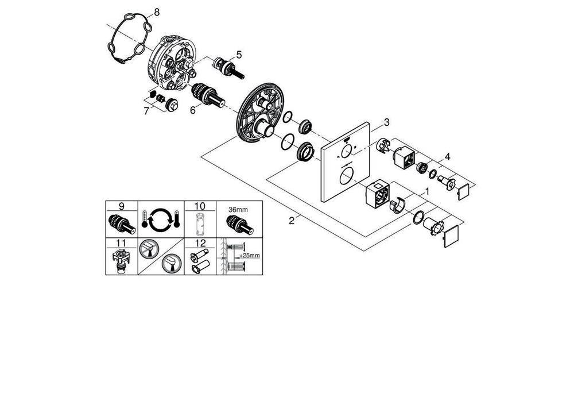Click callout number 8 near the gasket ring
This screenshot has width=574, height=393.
click(x=150, y=11)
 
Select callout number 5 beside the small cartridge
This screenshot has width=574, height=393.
click(x=238, y=55)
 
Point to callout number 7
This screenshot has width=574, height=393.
click(x=147, y=111)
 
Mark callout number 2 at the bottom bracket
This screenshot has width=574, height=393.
click(x=292, y=221)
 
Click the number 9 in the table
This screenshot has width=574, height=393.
click(x=122, y=206)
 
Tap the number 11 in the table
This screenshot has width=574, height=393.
click(x=122, y=243)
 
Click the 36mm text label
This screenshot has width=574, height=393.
click(x=238, y=209)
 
